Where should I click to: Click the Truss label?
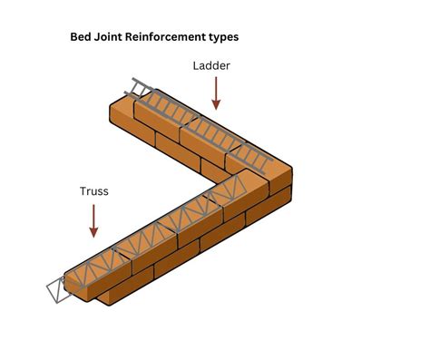tap(94, 192)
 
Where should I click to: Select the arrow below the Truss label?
tap(94, 220)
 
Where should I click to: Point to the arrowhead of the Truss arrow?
tap(94, 233)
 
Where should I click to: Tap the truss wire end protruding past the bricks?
tap(56, 292)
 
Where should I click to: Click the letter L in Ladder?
tap(195, 66)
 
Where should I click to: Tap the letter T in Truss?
tap(83, 192)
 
